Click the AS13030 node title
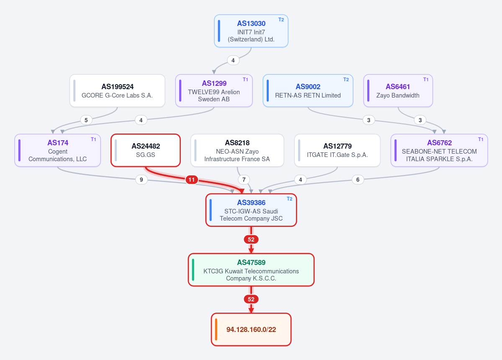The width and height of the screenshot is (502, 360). tap(251, 23)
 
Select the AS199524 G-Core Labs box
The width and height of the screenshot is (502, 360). tap(117, 90)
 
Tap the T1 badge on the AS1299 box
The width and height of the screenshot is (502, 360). tap(245, 80)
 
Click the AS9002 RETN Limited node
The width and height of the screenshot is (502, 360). tap(308, 90)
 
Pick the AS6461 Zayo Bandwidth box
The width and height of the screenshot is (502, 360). tap(398, 90)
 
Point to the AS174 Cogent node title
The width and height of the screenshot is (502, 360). tap(58, 143)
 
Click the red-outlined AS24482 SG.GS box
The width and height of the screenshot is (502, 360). tap(146, 150)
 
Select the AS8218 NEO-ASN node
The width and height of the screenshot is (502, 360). tap(237, 150)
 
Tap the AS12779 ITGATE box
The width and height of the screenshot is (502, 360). tap(337, 150)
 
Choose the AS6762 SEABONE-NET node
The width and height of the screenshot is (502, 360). tap(439, 150)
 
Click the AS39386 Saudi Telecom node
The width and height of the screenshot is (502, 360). tap(251, 210)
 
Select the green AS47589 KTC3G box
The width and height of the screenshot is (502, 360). tap(251, 270)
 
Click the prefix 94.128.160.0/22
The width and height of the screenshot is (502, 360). tap(251, 329)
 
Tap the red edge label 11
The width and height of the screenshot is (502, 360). tap(191, 180)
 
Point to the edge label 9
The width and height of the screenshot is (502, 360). tap(141, 180)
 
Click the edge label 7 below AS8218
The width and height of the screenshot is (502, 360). tap(244, 180)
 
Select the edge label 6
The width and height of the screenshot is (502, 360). tap(358, 180)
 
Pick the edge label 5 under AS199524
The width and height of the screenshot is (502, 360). tap(86, 120)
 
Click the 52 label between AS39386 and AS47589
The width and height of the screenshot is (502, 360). tap(251, 239)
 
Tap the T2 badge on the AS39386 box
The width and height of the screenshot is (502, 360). tap(289, 199)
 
